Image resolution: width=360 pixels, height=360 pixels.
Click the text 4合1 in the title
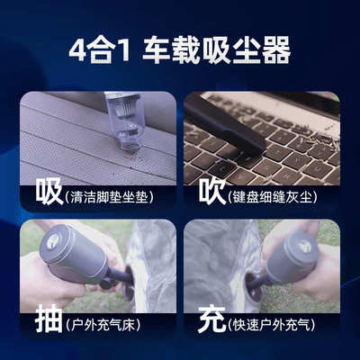click(101, 51)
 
